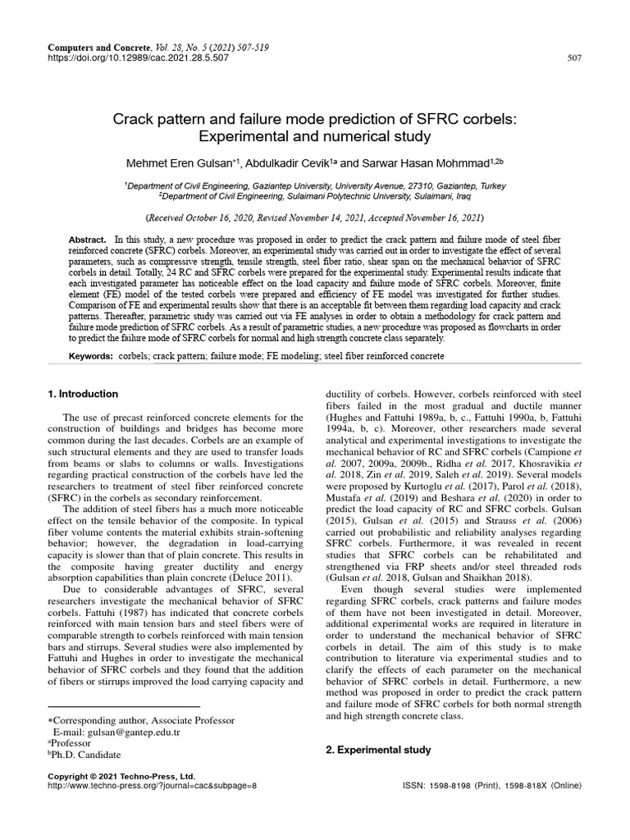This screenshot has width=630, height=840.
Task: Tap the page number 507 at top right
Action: [x=574, y=59]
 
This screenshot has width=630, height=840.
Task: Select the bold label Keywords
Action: [x=90, y=356]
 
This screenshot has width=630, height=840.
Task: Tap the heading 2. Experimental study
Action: [x=377, y=750]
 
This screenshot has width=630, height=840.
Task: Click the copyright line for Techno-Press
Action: [x=122, y=775]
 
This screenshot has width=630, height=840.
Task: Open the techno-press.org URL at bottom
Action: [x=153, y=785]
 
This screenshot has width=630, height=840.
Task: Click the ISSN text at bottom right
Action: [x=491, y=785]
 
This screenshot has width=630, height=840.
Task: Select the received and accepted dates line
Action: [x=314, y=219]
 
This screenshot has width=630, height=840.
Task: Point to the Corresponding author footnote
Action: [x=144, y=720]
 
